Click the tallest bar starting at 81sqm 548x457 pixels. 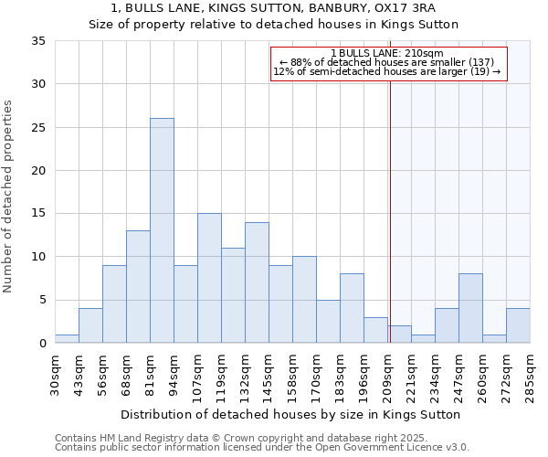pos(162,230)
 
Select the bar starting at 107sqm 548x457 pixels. pos(209,278)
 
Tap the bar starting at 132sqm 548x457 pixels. pos(257,282)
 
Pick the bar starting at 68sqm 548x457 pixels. pos(138,287)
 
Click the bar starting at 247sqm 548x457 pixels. pos(470,308)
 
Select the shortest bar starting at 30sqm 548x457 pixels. pos(67,339)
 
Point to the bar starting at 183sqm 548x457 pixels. pos(352,308)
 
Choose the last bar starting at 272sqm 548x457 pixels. pos(518,325)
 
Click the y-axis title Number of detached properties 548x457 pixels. pos(9,197)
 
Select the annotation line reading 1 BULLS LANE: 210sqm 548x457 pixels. pos(387,53)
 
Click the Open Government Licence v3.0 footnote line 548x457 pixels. pos(261,447)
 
